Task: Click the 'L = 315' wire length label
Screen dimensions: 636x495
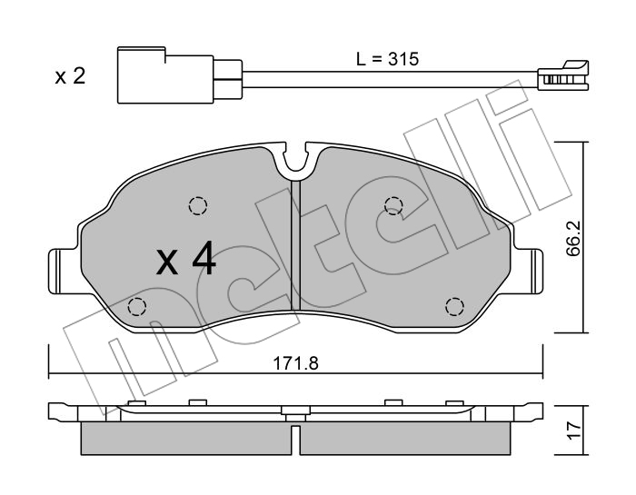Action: [x=387, y=59]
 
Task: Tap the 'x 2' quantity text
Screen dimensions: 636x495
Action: [x=70, y=76]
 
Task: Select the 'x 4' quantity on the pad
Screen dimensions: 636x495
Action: [x=186, y=259]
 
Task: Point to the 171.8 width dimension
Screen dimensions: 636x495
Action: [x=295, y=363]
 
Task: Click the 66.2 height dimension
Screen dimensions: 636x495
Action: [x=573, y=238]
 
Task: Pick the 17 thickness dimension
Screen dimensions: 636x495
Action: [x=574, y=431]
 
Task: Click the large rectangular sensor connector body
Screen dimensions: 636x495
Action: [x=165, y=75]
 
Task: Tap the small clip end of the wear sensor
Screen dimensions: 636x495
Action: [x=563, y=76]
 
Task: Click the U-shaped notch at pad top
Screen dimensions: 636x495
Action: [x=295, y=159]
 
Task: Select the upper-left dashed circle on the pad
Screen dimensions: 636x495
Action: [x=198, y=204]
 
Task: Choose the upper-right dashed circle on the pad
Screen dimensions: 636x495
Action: [x=393, y=204]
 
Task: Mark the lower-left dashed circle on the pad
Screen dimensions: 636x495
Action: [x=136, y=306]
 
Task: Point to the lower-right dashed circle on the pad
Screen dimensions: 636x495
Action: [x=454, y=306]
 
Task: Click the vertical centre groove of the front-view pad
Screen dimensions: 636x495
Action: [x=295, y=245]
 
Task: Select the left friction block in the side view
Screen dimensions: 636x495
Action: [x=186, y=439]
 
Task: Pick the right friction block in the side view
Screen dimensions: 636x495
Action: [x=404, y=439]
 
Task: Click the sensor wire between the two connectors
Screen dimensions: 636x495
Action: [x=390, y=79]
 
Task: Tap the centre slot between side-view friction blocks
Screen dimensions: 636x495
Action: [x=295, y=440]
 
